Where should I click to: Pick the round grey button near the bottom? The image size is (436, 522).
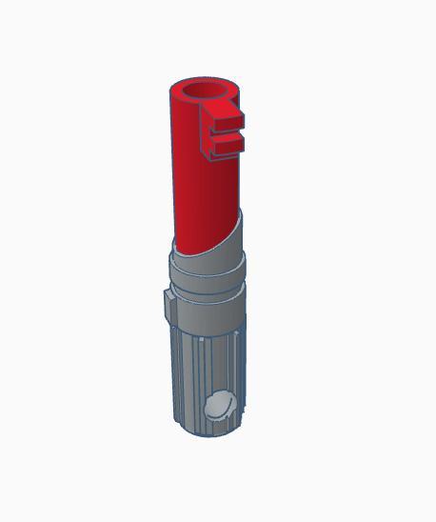pyautogui.click(x=220, y=407)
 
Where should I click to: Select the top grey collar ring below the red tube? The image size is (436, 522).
pyautogui.click(x=205, y=263)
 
